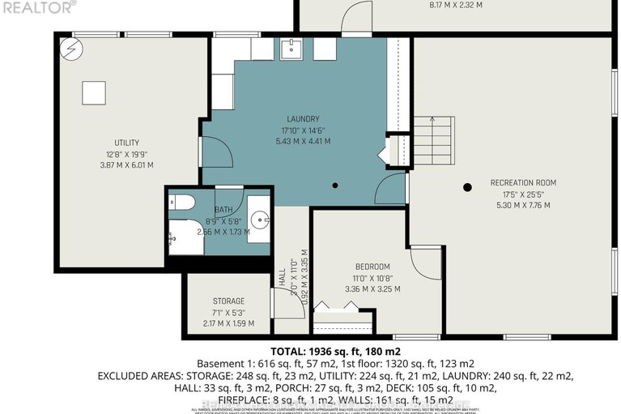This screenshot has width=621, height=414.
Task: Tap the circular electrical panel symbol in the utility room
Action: (x=70, y=49)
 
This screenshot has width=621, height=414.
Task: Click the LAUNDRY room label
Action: (x=304, y=118)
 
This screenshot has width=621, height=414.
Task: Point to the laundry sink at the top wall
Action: (x=291, y=49)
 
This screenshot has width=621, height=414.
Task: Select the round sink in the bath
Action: (x=258, y=218)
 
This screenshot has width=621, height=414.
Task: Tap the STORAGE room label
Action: (x=228, y=301)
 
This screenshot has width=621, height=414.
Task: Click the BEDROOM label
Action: (x=372, y=267)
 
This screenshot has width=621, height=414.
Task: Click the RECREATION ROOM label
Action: (x=523, y=183)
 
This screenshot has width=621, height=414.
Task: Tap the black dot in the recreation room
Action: (x=467, y=187)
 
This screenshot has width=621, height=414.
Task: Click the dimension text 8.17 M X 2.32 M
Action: (x=454, y=5)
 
